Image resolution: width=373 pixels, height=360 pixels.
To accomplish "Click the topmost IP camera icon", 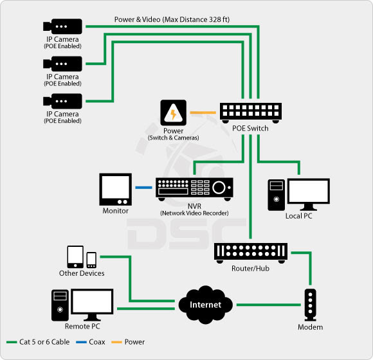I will (x=62, y=27).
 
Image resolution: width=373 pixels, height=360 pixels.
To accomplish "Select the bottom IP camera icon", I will (x=62, y=101).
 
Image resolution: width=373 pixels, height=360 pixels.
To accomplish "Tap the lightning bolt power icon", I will (x=173, y=113).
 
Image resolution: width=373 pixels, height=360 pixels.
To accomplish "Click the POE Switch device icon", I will (x=250, y=112).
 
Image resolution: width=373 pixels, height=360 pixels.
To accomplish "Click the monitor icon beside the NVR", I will (x=115, y=190).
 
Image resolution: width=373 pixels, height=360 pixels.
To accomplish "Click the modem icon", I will (x=310, y=305).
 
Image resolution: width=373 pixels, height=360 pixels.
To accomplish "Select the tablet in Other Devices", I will (x=75, y=257).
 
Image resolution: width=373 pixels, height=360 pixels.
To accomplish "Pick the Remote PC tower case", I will (x=59, y=305).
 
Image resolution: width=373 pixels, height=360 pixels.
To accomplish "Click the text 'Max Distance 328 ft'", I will (x=196, y=19).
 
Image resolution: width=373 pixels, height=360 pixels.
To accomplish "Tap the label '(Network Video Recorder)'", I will (x=195, y=213).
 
